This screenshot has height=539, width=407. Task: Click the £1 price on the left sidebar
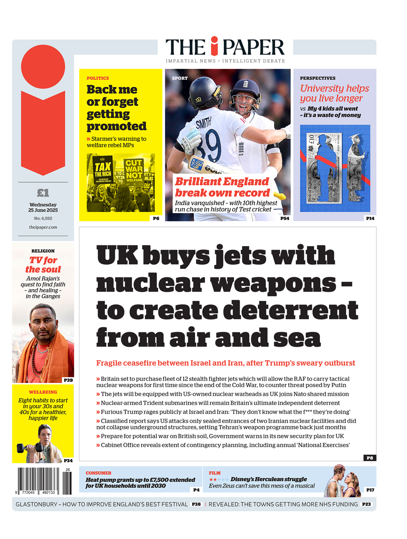(43, 193)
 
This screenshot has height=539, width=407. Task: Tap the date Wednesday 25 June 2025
(43, 207)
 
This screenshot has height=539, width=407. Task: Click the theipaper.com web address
(43, 227)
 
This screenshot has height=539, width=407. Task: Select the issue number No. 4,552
(43, 218)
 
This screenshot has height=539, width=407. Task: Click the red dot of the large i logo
(43, 66)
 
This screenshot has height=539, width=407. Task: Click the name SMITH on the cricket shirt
(203, 123)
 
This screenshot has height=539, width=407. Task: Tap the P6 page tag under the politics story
(156, 218)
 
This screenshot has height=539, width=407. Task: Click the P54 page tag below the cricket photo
(285, 218)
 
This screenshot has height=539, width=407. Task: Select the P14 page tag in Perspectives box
(370, 218)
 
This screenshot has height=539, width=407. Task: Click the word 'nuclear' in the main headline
(150, 283)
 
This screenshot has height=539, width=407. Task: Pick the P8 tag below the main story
(370, 458)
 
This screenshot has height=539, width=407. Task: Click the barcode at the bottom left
(44, 481)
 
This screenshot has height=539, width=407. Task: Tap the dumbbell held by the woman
(25, 448)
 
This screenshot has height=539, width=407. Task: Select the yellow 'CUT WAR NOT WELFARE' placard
(134, 171)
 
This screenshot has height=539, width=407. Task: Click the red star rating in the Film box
(213, 480)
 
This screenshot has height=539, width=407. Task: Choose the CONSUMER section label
(98, 473)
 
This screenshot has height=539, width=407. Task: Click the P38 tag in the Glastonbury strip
(196, 504)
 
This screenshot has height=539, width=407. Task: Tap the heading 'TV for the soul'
(43, 265)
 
